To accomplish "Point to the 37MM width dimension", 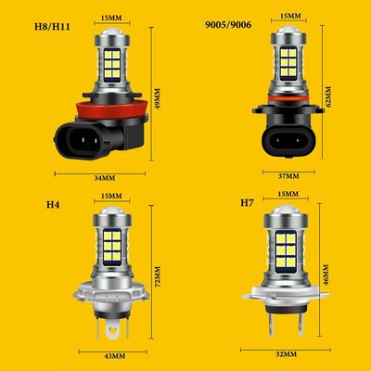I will [x=288, y=173].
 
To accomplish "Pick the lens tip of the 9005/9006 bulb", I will [x=288, y=34].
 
